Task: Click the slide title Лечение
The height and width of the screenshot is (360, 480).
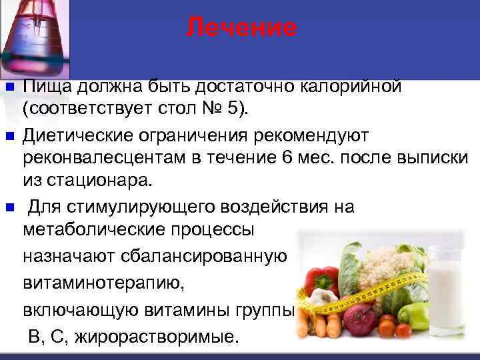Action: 241,27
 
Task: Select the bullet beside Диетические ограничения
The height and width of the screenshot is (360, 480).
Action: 9,136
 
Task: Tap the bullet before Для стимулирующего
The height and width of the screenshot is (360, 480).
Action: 9,207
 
